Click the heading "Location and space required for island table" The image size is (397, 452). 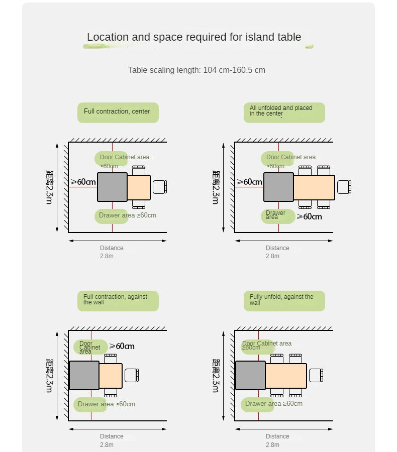194,37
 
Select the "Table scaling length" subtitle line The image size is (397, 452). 196,70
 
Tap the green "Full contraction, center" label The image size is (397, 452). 118,112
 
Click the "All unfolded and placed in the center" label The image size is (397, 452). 284,112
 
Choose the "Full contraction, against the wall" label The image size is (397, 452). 118,300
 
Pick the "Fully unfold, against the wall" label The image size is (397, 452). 284,300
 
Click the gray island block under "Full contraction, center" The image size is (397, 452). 112,187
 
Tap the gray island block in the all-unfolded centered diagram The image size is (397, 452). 278,187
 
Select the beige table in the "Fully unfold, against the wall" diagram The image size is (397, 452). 286,375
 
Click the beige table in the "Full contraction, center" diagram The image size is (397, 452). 139,187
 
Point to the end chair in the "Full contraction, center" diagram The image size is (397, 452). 159,187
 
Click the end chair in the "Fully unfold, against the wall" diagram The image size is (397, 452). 316,375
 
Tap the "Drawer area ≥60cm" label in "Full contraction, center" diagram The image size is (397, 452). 127,216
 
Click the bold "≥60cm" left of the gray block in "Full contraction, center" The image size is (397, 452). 83,182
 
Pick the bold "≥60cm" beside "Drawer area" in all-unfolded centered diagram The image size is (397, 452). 309,216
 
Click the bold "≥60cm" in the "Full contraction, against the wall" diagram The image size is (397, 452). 122,346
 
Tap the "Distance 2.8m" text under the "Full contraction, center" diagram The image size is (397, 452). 111,252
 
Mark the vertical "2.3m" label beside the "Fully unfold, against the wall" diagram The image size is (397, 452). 216,376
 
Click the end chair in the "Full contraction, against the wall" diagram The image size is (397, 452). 131,375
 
